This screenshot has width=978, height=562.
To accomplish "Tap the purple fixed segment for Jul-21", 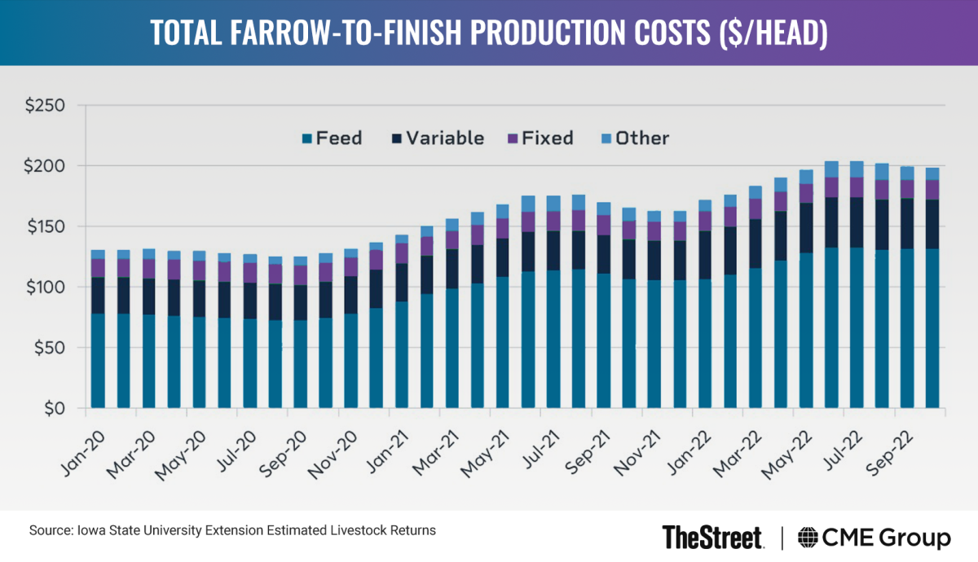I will pyautogui.click(x=553, y=221).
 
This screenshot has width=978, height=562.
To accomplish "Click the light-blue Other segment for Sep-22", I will pyautogui.click(x=907, y=173).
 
